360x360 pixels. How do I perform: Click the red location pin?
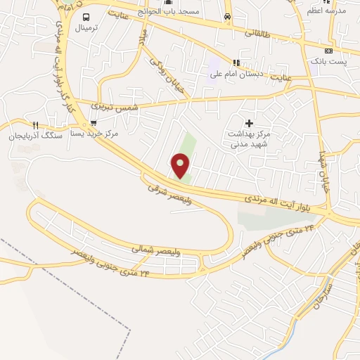[x=181, y=166]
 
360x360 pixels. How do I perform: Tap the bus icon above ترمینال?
[x=86, y=17]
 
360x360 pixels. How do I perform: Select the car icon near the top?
[x=226, y=15]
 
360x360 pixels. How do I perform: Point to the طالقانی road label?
[x=257, y=33]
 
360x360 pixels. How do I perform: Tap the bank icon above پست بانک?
[x=328, y=51]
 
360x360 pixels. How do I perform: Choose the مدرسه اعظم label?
[x=327, y=11]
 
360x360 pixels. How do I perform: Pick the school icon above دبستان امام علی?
[x=237, y=61]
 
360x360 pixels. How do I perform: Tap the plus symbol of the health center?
[x=248, y=122]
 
